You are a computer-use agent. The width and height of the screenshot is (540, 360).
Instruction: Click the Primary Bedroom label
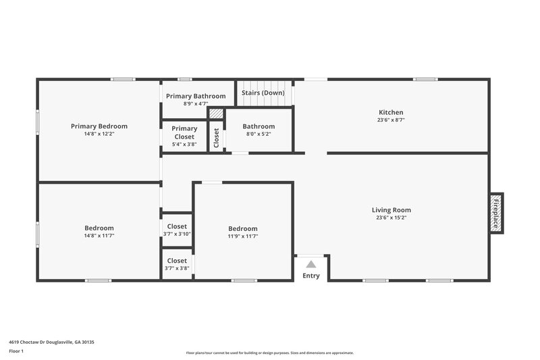(99, 126)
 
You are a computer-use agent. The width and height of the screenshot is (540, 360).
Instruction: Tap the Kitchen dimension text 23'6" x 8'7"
(391, 120)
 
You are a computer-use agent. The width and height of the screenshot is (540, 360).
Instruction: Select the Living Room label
(391, 209)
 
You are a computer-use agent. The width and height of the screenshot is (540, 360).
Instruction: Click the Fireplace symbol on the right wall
(496, 212)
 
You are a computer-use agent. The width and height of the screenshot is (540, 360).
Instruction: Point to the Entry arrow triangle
(310, 264)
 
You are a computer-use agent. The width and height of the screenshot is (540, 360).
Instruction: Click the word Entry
(310, 276)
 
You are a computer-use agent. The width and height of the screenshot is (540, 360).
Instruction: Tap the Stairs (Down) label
(263, 93)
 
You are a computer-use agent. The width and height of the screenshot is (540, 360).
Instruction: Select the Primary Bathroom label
(195, 96)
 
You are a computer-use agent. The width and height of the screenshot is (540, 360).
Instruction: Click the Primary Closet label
(184, 132)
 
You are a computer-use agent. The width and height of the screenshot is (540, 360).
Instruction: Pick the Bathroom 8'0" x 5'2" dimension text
(259, 134)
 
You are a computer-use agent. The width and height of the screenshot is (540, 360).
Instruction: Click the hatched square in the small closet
(216, 114)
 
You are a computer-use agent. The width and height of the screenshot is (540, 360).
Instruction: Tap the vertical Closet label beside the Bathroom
(216, 138)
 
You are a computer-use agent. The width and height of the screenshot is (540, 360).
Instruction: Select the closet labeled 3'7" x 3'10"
(177, 230)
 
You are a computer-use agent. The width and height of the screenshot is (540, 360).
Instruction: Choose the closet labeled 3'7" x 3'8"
(177, 264)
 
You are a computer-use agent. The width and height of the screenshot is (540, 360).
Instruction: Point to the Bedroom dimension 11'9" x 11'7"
(242, 236)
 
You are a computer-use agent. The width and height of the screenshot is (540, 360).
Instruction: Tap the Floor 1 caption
(17, 351)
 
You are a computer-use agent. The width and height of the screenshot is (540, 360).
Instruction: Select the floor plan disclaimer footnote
(269, 353)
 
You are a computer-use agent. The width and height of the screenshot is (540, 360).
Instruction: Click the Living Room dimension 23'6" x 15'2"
(391, 217)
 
